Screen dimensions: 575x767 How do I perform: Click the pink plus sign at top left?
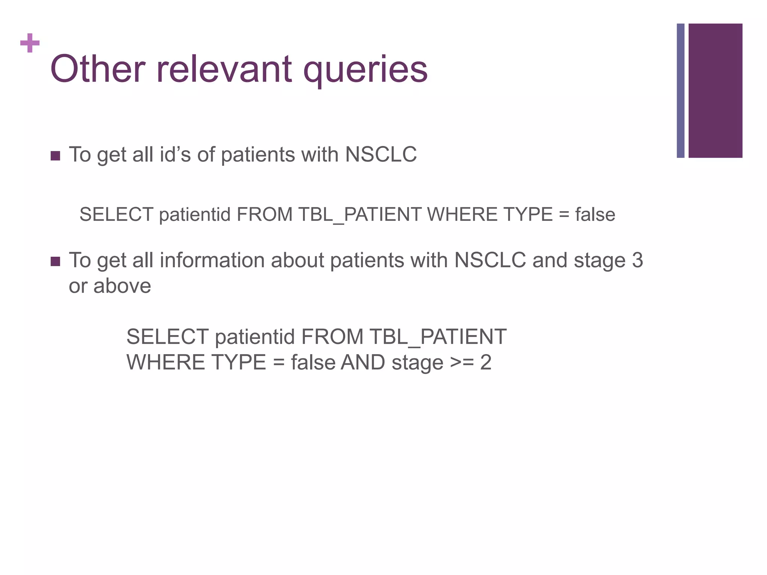[30, 43]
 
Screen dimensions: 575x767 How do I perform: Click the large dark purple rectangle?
[715, 91]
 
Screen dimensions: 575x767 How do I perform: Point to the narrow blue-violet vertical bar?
[680, 91]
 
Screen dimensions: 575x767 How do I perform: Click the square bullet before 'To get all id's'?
[55, 156]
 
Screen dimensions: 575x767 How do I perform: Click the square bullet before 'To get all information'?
[55, 261]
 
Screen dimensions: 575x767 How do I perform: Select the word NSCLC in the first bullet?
[381, 154]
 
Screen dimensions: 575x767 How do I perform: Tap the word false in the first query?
[595, 215]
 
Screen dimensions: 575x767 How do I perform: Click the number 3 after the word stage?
[637, 260]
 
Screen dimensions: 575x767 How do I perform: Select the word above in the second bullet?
[122, 286]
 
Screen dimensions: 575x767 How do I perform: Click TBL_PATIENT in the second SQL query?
[438, 337]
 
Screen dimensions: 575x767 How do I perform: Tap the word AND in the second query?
[363, 363]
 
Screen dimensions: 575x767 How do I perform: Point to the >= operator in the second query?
[462, 363]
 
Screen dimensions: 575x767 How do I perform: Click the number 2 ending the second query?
[486, 363]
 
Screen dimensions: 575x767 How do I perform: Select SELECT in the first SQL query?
[116, 215]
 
